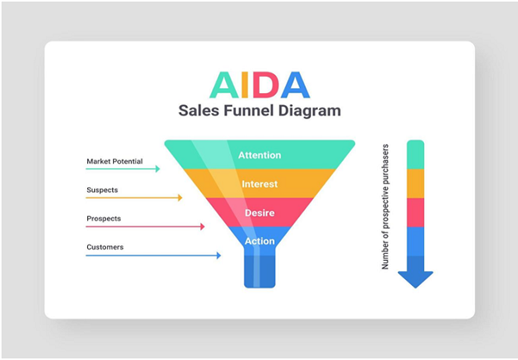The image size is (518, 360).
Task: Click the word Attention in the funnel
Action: click(260, 155)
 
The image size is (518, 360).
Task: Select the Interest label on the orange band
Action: click(260, 184)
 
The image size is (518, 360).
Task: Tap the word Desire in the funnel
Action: click(260, 212)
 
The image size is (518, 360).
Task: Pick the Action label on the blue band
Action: click(260, 241)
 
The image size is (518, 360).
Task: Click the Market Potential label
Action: click(115, 161)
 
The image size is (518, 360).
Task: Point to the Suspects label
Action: click(102, 190)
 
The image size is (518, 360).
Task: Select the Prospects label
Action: click(104, 218)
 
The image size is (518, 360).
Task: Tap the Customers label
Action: click(105, 247)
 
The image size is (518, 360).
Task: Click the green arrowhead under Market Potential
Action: click(158, 168)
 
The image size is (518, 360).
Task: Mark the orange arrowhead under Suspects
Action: click(180, 198)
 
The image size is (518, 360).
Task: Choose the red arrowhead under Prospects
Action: click(203, 226)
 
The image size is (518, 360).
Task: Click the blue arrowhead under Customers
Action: click(218, 256)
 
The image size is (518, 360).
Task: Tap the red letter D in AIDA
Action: click(266, 85)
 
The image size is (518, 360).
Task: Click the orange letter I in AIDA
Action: click(245, 85)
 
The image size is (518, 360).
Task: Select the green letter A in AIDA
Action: click(224, 85)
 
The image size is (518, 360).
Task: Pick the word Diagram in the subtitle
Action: click(309, 111)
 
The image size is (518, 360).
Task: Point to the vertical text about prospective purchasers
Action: click(385, 206)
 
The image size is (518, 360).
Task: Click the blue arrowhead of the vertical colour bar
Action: click(415, 280)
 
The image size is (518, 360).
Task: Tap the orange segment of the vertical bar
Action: click(415, 184)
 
